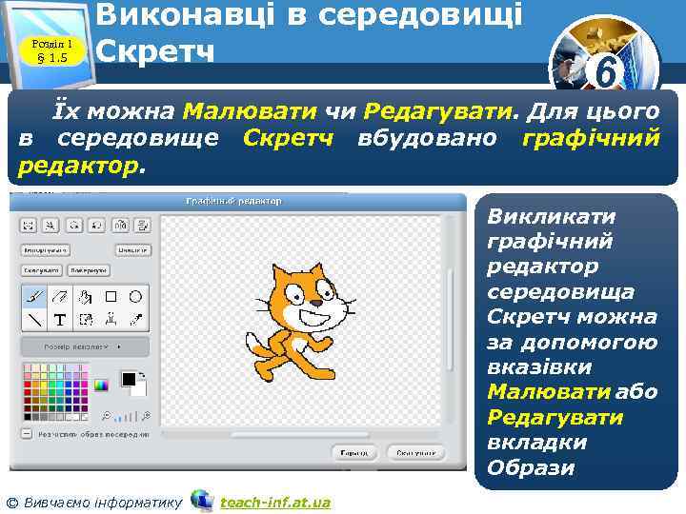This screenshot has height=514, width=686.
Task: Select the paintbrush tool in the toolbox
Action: [x=34, y=296]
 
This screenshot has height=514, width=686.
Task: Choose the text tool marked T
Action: [x=59, y=320]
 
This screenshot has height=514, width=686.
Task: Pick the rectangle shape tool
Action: [x=111, y=296]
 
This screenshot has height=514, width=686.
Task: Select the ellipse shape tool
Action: [x=135, y=296]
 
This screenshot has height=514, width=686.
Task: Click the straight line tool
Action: [x=34, y=320]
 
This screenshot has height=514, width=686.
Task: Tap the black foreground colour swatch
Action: [x=129, y=380]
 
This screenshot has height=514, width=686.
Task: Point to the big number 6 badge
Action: [x=603, y=69]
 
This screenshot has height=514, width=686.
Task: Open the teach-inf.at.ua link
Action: [x=274, y=502]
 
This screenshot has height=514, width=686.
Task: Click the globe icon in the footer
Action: [x=201, y=500]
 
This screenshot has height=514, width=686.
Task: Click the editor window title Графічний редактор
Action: [x=233, y=201]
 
